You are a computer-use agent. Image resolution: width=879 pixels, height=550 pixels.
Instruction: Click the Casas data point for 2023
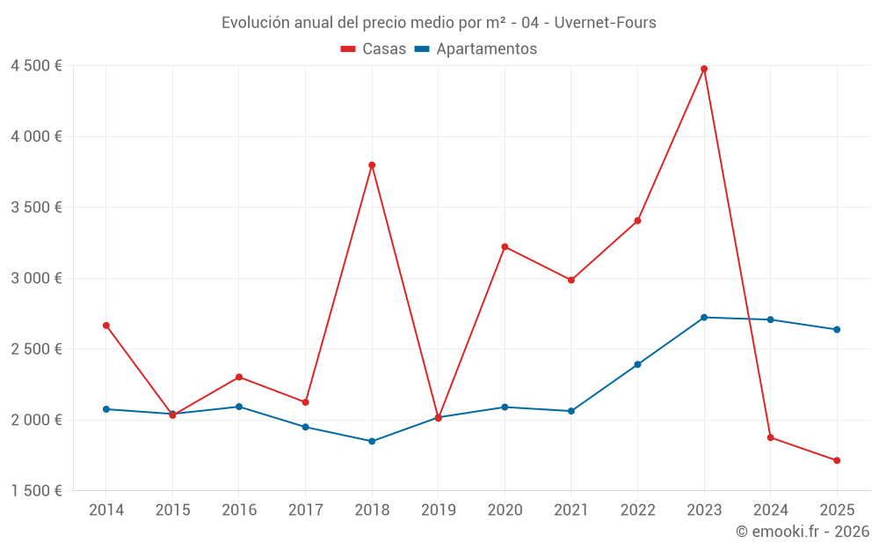click(x=704, y=69)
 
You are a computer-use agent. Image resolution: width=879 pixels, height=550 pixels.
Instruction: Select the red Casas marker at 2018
click(x=372, y=165)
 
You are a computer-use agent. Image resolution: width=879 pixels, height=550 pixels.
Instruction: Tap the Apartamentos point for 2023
click(x=704, y=317)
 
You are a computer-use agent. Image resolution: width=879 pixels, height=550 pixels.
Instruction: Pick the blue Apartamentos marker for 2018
click(x=372, y=441)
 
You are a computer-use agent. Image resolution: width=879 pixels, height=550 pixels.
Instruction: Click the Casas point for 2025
click(x=837, y=460)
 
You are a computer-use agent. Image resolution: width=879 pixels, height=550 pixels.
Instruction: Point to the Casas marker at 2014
click(x=106, y=326)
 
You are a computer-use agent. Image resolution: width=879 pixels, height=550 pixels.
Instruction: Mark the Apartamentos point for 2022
click(x=637, y=364)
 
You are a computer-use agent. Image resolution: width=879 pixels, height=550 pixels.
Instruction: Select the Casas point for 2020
click(x=505, y=246)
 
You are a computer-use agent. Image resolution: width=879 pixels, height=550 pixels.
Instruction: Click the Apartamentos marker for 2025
click(x=837, y=330)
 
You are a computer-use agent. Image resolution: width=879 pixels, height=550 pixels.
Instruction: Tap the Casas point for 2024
click(x=770, y=437)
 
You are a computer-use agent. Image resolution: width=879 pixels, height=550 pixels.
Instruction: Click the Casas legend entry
click(x=374, y=49)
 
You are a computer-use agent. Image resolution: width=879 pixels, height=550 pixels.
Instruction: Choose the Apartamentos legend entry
click(x=476, y=49)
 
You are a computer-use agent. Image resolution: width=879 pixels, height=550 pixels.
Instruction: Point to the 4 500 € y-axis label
click(x=36, y=66)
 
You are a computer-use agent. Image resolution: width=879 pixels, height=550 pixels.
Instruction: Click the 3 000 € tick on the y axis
click(x=36, y=278)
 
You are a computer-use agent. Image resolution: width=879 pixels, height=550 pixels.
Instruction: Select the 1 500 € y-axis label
click(x=36, y=490)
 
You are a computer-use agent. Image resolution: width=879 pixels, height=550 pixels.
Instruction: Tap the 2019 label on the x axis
click(x=438, y=510)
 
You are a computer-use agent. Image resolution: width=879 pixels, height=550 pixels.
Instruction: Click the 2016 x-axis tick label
click(x=239, y=510)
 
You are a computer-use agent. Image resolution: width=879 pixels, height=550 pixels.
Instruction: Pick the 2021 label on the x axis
click(x=570, y=510)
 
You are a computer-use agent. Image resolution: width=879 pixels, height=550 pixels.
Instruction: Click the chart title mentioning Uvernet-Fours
click(x=439, y=22)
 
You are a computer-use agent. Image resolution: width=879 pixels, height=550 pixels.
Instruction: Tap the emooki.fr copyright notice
click(x=802, y=532)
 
